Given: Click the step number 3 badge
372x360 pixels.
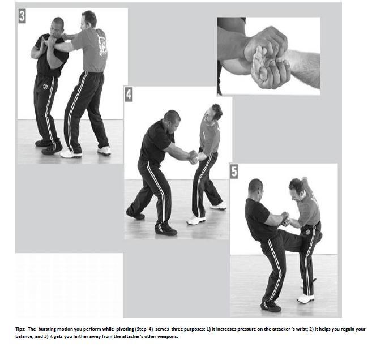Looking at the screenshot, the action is coord(22,16).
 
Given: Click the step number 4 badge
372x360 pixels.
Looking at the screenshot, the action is coord(129,95).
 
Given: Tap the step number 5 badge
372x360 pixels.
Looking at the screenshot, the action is coord(234,172).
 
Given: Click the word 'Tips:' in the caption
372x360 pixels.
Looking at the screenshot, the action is coord(20,329).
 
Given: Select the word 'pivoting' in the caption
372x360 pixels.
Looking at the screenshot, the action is coord(125,329).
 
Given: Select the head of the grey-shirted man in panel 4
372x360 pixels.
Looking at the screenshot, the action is coord(213,113).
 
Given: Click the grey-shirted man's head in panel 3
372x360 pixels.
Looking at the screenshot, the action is coord(88,20).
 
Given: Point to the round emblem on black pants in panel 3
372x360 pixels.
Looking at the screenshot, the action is coord(45,87).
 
